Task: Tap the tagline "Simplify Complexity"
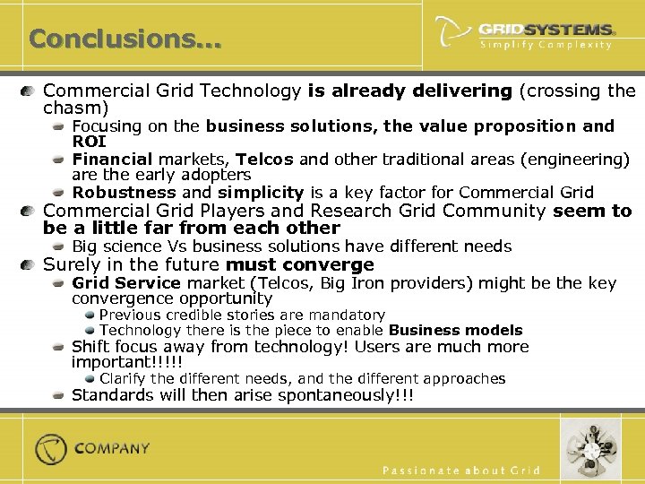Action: click(x=546, y=45)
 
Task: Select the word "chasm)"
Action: click(x=74, y=108)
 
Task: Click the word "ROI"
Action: click(x=89, y=142)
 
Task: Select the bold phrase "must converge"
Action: click(x=300, y=264)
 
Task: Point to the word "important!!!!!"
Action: click(x=126, y=362)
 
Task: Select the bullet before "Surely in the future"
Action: click(x=30, y=265)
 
